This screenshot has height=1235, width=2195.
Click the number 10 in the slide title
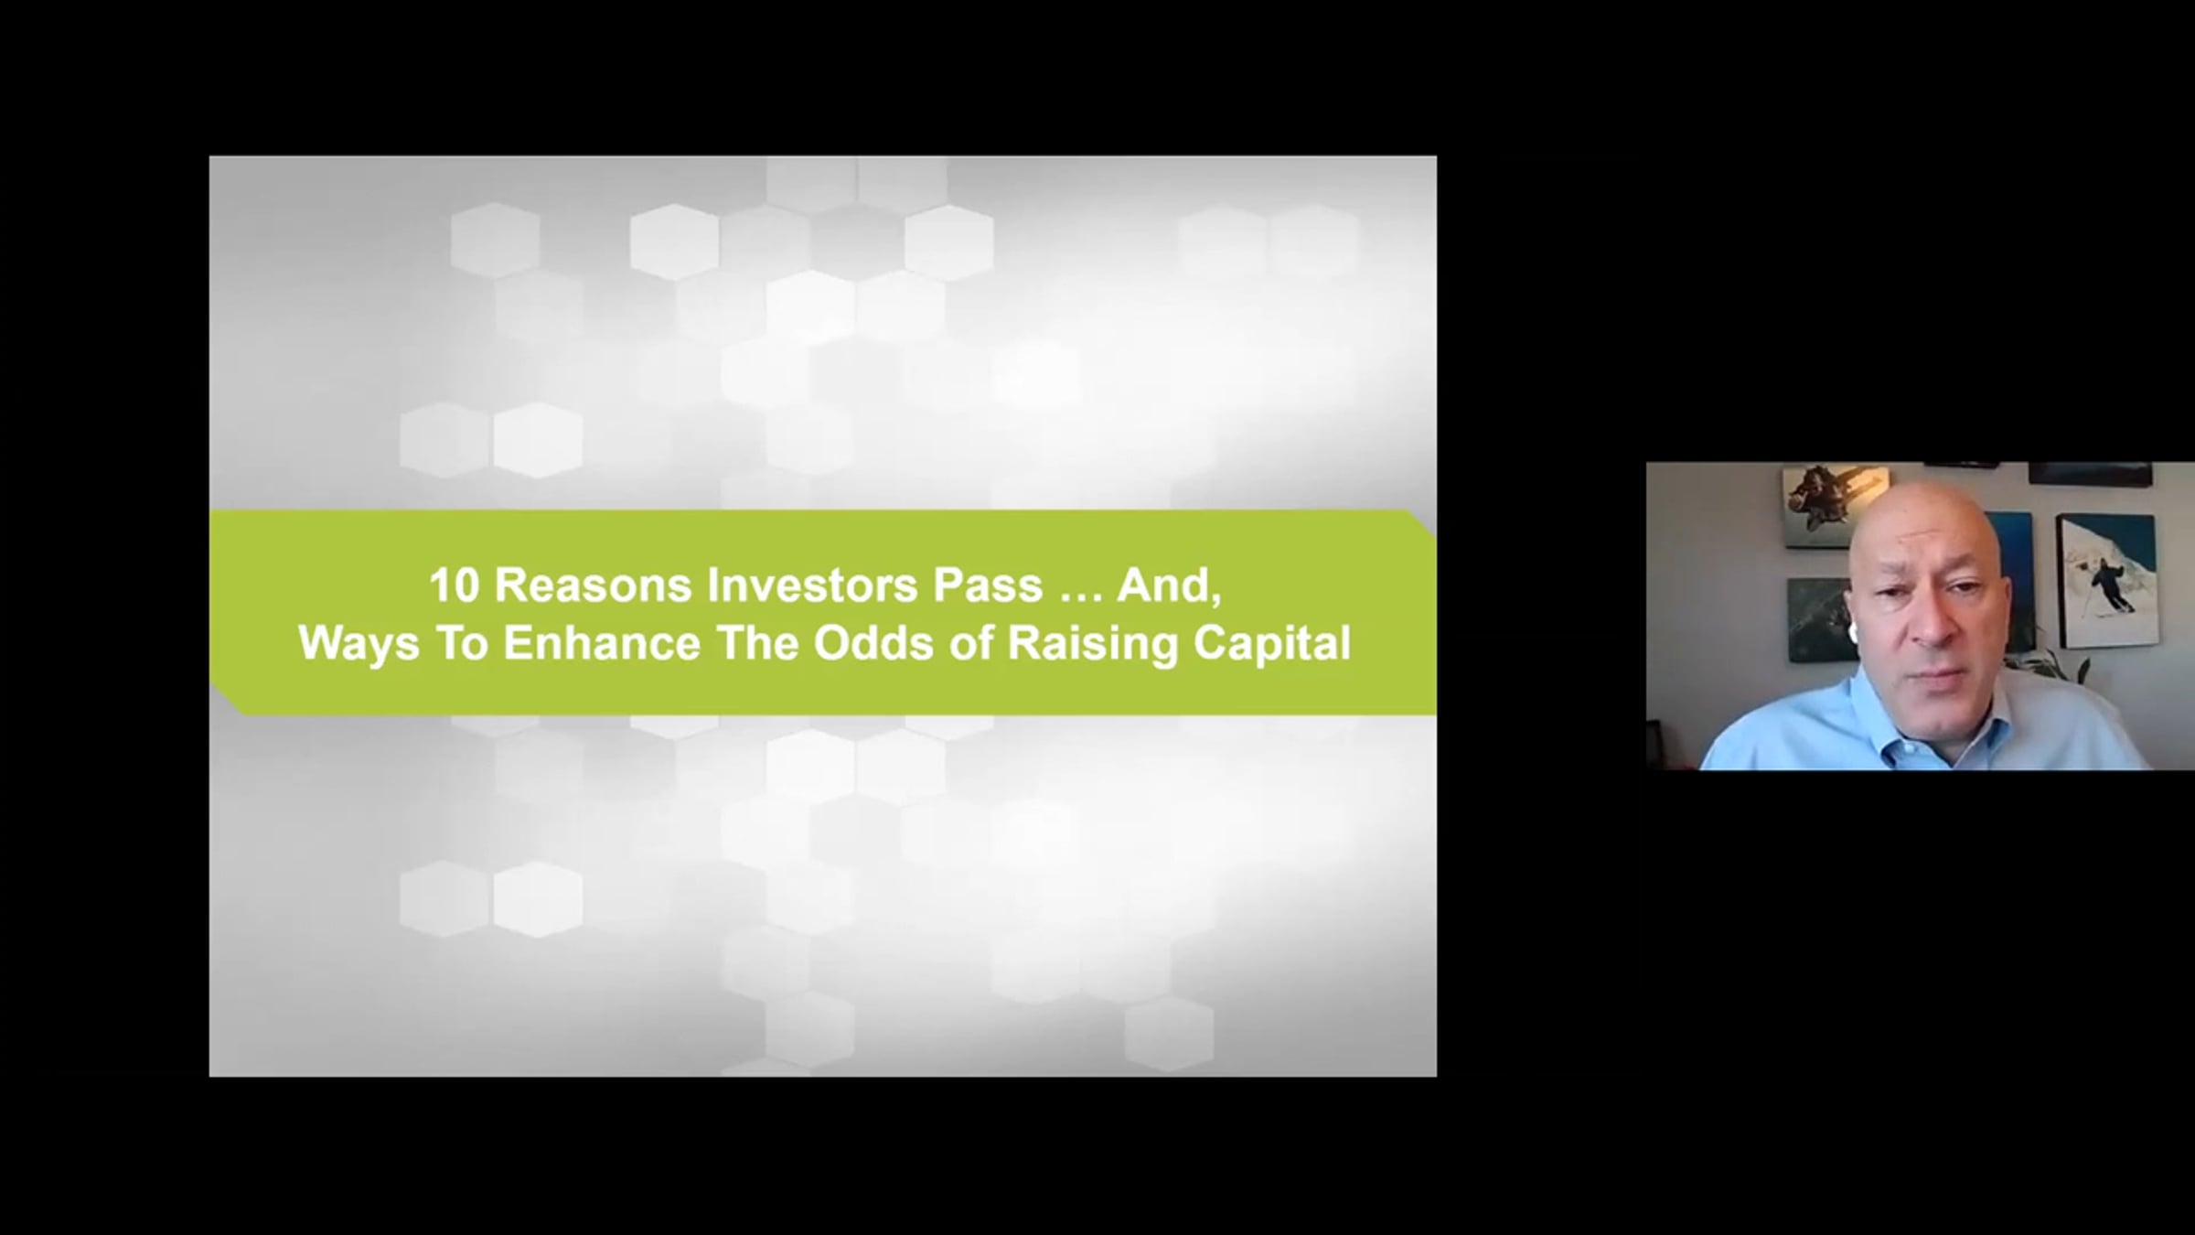tap(455, 585)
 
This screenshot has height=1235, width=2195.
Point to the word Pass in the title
tap(988, 585)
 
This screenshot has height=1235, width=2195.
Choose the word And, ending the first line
tap(1169, 586)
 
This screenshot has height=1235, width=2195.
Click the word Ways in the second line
tap(359, 644)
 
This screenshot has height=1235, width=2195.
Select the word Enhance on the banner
tap(602, 643)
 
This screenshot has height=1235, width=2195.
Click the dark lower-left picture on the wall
tap(1818, 620)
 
